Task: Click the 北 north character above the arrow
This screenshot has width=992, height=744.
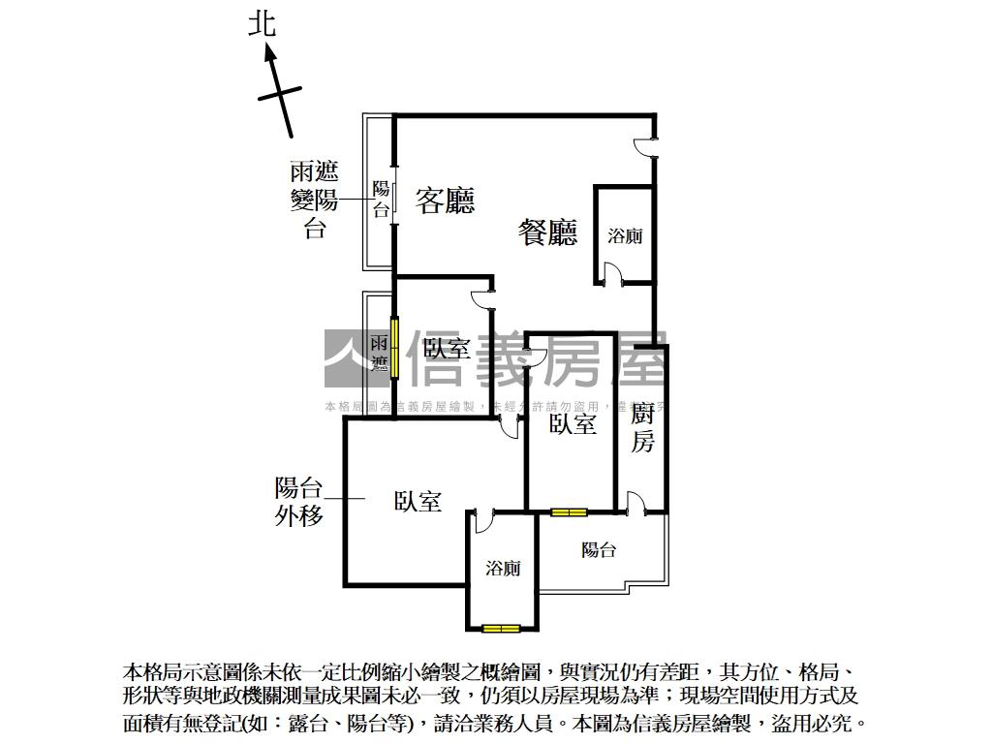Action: pyautogui.click(x=263, y=23)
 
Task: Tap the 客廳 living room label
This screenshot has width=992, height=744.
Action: pyautogui.click(x=445, y=201)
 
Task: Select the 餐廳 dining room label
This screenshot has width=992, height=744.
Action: pyautogui.click(x=548, y=232)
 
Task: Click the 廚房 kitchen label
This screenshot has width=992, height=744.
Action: pyautogui.click(x=642, y=428)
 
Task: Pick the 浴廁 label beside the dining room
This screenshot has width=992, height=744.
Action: pyautogui.click(x=625, y=235)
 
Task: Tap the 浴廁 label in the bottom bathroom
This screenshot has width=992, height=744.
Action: pyautogui.click(x=503, y=568)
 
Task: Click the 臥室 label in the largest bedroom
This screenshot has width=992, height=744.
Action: pyautogui.click(x=418, y=501)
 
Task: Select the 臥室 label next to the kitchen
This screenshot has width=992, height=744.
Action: pyautogui.click(x=573, y=423)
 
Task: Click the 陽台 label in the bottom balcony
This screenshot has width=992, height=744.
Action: pyautogui.click(x=599, y=550)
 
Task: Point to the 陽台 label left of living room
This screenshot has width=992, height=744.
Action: pyautogui.click(x=381, y=199)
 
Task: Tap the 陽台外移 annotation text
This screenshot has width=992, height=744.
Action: pyautogui.click(x=298, y=501)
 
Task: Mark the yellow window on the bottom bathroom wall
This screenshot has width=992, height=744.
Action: pyautogui.click(x=501, y=629)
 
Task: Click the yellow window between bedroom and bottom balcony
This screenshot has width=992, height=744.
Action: pyautogui.click(x=569, y=511)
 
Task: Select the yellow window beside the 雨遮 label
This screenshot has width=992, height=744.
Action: pyautogui.click(x=394, y=347)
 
